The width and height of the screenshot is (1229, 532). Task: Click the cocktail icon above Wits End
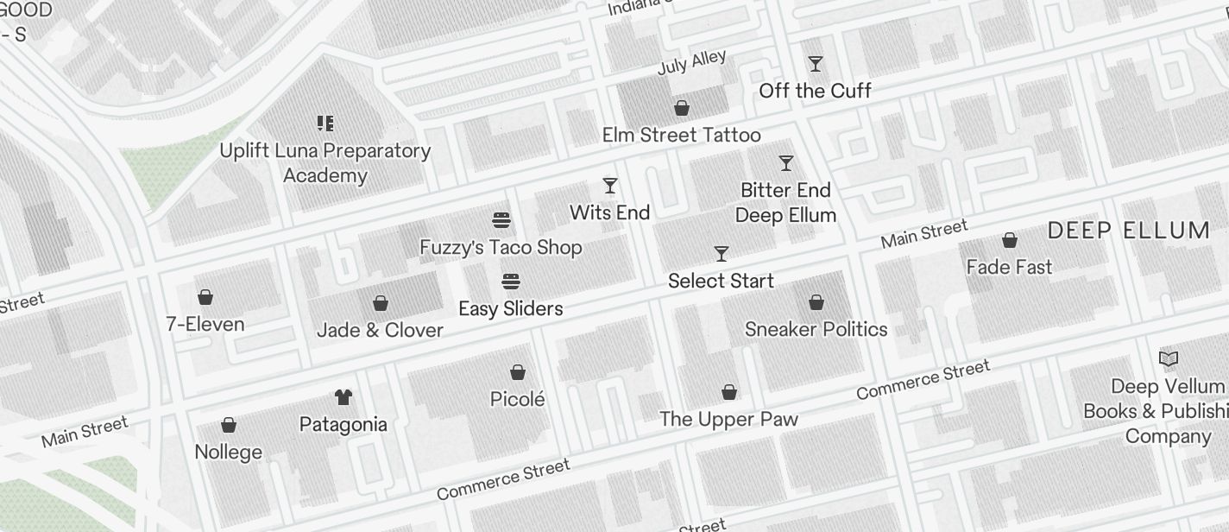[610, 186]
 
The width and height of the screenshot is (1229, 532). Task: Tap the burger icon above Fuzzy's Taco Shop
[501, 220]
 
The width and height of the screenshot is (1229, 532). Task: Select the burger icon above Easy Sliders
[511, 282]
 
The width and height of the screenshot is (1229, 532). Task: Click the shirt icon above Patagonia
[343, 397]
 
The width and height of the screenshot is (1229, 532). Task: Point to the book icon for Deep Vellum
[1169, 358]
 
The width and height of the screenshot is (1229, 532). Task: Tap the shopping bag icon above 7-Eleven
[205, 298]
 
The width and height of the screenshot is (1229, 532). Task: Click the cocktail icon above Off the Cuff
[815, 64]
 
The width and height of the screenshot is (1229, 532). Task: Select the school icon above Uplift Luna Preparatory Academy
[325, 123]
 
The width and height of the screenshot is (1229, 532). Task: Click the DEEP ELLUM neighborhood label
[1129, 231]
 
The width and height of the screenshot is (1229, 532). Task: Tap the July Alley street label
[692, 62]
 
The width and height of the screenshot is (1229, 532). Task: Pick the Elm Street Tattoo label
[682, 135]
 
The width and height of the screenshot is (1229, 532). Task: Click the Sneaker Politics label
[816, 329]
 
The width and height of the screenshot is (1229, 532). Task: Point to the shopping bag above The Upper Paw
[729, 392]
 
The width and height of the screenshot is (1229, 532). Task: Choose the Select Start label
[721, 281]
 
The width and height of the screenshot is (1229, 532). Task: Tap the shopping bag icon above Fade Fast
[1009, 240]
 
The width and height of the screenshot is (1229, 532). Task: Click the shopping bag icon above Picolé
[518, 372]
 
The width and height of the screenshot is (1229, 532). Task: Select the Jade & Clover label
[380, 330]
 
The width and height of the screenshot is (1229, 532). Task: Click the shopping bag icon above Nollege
[229, 425]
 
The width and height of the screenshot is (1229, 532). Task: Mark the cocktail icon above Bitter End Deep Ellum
[785, 163]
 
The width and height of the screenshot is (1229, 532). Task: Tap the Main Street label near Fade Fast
[924, 234]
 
